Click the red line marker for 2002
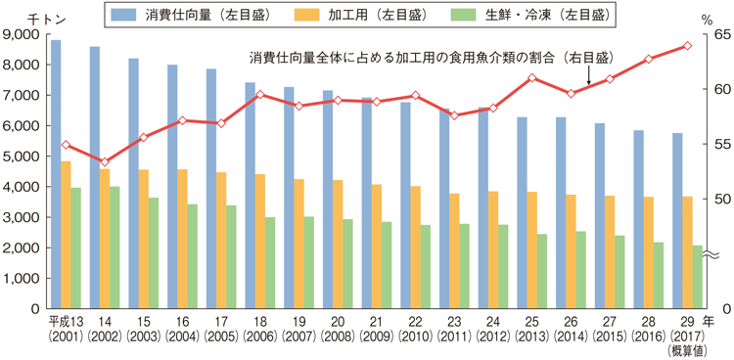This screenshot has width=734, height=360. pyautogui.click(x=105, y=161)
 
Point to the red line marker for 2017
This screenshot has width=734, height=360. pyautogui.click(x=687, y=46)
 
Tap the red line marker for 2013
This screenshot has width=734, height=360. pyautogui.click(x=531, y=78)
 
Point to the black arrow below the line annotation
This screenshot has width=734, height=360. pyautogui.click(x=589, y=75)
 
